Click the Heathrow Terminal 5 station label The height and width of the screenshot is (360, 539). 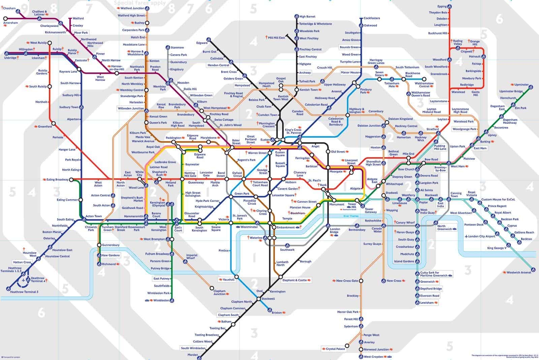[24, 292]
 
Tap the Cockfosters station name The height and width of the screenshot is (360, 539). [372, 18]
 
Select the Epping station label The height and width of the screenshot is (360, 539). [442, 6]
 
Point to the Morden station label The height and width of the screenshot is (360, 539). [193, 355]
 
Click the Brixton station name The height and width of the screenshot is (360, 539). [277, 313]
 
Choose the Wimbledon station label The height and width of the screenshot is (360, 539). [161, 300]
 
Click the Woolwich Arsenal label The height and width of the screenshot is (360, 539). [519, 272]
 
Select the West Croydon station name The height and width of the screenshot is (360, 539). [373, 357]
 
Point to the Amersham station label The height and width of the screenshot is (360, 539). [10, 23]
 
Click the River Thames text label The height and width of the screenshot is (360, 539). [351, 216]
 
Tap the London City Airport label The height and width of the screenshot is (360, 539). [482, 236]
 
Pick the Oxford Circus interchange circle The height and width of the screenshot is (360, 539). [244, 179]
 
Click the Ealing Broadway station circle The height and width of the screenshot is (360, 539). [71, 180]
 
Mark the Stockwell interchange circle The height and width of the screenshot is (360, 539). [258, 299]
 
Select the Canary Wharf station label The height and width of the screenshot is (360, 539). [405, 223]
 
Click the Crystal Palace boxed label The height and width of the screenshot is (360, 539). [335, 349]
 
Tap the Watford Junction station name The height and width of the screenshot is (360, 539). [132, 8]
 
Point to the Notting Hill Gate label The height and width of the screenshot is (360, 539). [190, 174]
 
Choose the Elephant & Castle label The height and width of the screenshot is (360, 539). [294, 280]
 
